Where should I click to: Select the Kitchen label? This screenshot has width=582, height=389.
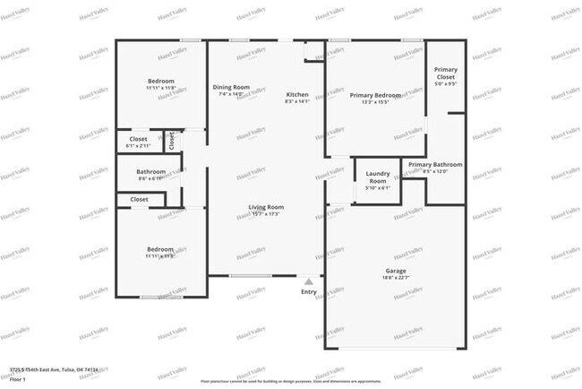(297, 95)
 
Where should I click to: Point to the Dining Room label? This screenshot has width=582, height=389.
(231, 87)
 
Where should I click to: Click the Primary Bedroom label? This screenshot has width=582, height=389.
(375, 95)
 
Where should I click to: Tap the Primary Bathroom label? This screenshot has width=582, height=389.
(435, 165)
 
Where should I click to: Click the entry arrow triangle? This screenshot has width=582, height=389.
(309, 281)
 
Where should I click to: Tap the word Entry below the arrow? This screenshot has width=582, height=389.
(309, 291)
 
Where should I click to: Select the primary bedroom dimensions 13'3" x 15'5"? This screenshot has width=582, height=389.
(375, 101)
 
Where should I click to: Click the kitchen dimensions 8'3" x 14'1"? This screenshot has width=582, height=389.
(297, 101)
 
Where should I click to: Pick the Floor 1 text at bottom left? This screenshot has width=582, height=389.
(17, 379)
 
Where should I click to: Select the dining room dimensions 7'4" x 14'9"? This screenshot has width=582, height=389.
(231, 93)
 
